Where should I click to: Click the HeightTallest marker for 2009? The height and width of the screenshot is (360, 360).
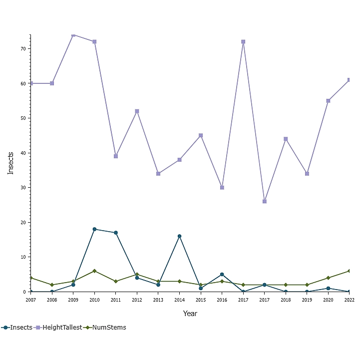pyautogui.click(x=73, y=35)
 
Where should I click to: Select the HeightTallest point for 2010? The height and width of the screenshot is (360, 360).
pyautogui.click(x=94, y=41)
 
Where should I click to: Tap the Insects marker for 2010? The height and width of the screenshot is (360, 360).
pyautogui.click(x=94, y=229)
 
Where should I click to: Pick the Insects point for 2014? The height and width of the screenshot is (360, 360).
pyautogui.click(x=179, y=236)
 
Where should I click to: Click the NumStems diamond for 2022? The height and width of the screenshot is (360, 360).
pyautogui.click(x=349, y=271)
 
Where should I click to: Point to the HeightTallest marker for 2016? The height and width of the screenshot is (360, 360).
pyautogui.click(x=222, y=188)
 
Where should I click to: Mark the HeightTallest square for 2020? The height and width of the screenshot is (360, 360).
pyautogui.click(x=328, y=101)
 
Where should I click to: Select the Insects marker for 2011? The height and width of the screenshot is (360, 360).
pyautogui.click(x=116, y=233)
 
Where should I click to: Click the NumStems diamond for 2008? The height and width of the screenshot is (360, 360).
pyautogui.click(x=52, y=285)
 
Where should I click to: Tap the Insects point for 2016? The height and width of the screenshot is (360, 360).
pyautogui.click(x=222, y=274)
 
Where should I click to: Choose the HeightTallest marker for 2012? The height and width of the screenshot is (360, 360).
pyautogui.click(x=137, y=111)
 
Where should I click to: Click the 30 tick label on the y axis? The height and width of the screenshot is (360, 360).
pyautogui.click(x=23, y=188)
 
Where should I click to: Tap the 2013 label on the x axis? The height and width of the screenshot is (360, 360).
pyautogui.click(x=158, y=300)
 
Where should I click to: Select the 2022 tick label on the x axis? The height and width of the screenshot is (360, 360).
pyautogui.click(x=349, y=300)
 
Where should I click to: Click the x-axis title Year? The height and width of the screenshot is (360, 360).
pyautogui.click(x=190, y=314)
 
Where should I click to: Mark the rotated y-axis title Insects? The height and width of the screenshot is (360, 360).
pyautogui.click(x=11, y=163)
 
